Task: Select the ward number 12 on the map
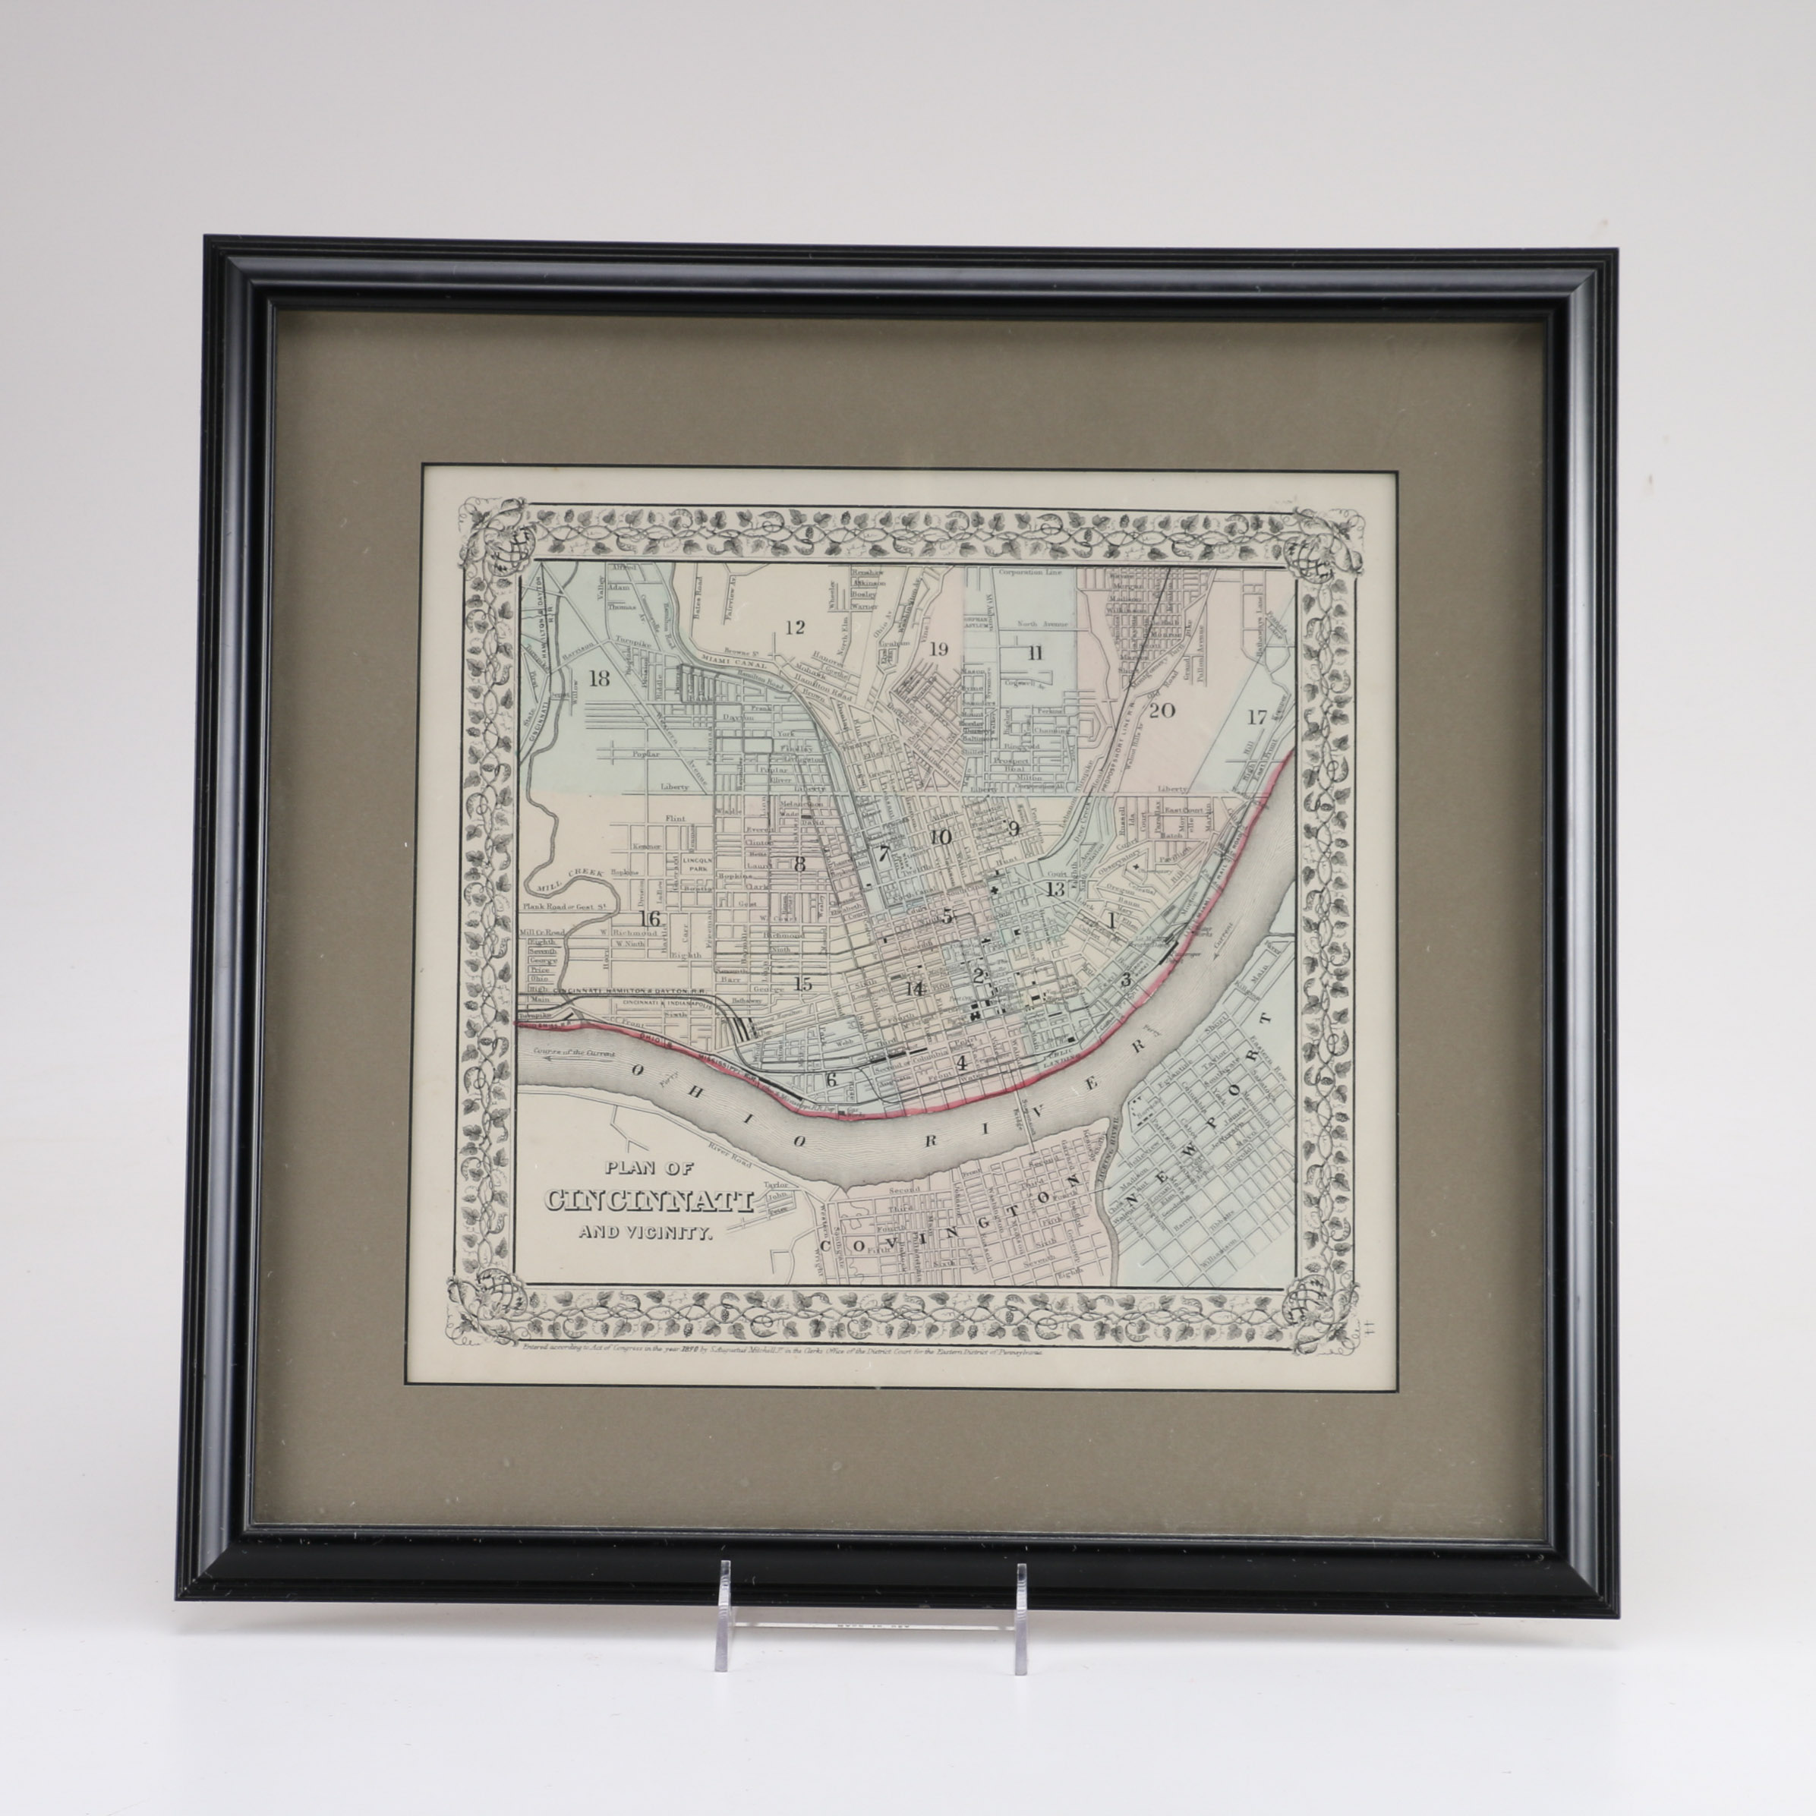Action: click(794, 627)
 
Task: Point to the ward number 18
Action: click(597, 679)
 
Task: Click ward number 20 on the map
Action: click(1162, 710)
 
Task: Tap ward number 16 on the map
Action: click(648, 919)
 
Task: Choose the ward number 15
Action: click(801, 984)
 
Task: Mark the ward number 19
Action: click(938, 648)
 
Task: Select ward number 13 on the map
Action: click(1055, 888)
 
